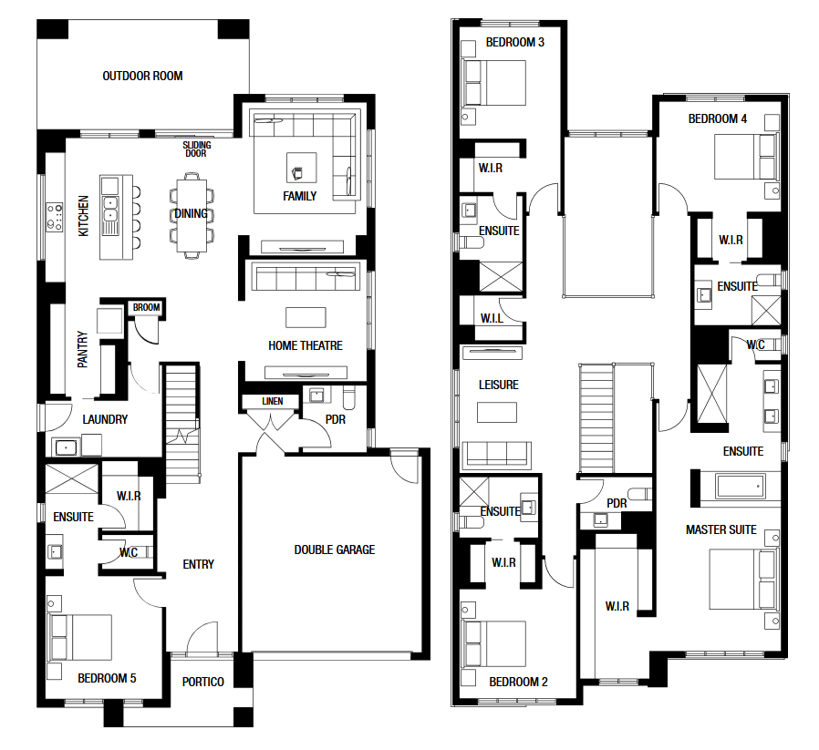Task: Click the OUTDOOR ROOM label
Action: click(142, 77)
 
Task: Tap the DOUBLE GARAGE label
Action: click(335, 550)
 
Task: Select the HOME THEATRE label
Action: click(306, 345)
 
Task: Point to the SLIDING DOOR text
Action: click(196, 149)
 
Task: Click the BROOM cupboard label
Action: click(146, 307)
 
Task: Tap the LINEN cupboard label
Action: click(273, 401)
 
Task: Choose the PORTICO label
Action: click(203, 682)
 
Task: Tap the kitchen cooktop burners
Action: click(55, 217)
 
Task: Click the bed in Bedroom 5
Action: click(80, 637)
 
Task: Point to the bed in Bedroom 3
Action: click(494, 83)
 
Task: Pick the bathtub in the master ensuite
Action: click(741, 487)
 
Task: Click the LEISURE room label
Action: click(499, 385)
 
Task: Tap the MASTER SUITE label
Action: click(721, 529)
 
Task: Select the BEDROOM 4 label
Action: click(718, 119)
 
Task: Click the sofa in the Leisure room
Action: click(497, 454)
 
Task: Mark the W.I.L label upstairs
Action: click(492, 318)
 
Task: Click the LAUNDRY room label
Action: click(105, 419)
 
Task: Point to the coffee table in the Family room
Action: click(301, 168)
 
